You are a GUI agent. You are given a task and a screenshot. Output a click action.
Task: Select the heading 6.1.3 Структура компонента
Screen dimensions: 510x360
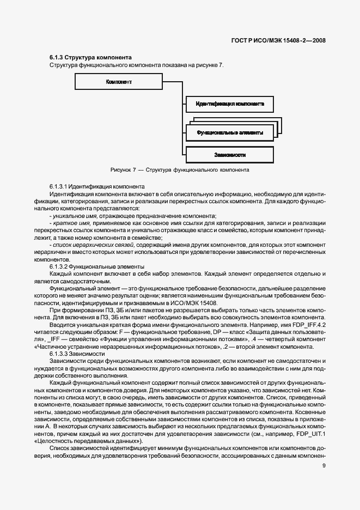(90, 57)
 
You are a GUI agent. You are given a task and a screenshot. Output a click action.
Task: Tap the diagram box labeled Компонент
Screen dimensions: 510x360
(120, 82)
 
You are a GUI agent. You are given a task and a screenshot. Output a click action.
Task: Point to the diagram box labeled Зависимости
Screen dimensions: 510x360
(229, 155)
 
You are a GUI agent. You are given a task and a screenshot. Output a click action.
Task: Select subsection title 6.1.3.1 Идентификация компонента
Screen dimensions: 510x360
(96, 186)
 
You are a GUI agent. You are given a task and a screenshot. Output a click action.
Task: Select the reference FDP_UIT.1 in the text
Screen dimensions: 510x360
(313, 433)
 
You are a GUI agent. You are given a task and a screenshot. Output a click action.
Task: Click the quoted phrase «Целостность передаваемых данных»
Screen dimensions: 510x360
(89, 440)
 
